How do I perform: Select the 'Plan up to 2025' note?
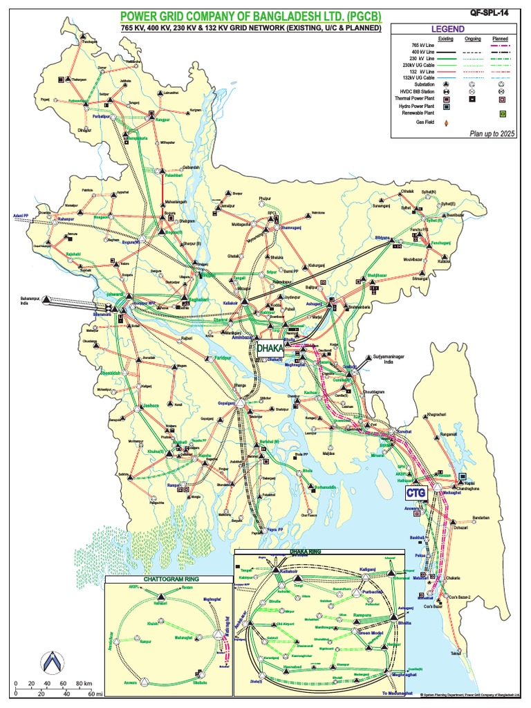pos(493,132)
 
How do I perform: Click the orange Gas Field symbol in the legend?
pos(447,123)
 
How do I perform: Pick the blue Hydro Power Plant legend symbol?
pos(447,106)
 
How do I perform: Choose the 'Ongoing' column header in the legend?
pos(474,39)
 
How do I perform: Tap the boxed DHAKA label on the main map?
pos(270,349)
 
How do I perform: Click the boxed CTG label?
pos(416,492)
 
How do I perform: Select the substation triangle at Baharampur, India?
pos(46,301)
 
